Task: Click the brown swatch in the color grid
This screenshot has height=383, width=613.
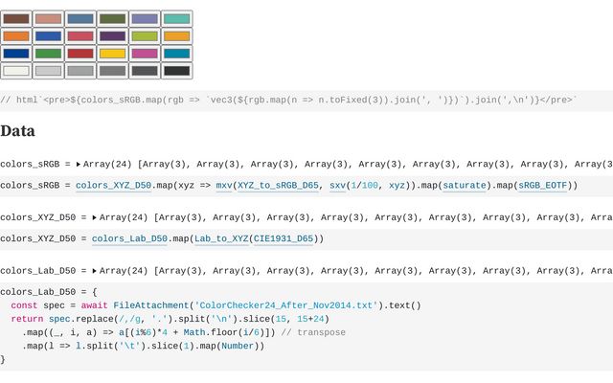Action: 16,18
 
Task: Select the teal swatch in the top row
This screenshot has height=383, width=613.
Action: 176,18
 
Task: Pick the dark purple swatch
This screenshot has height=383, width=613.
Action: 112,35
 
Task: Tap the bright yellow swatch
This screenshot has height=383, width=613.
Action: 112,53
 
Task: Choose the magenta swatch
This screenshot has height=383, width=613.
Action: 145,53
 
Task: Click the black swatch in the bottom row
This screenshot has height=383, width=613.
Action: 176,70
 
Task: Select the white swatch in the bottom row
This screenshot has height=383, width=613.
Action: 16,70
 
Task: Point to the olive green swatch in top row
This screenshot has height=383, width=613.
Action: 112,18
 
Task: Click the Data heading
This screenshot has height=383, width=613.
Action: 18,131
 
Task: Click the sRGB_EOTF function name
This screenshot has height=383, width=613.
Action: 546,185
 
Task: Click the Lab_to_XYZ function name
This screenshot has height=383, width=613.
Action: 219,238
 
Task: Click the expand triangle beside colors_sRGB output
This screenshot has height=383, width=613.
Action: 79,164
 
